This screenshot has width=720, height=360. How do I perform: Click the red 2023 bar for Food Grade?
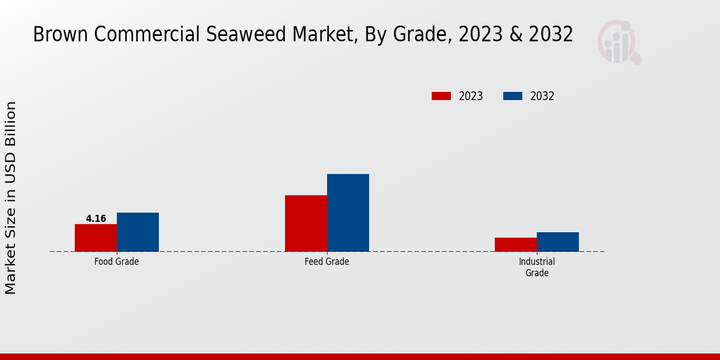[x=95, y=238]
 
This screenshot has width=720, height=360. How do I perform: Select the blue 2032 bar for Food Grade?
[x=137, y=232]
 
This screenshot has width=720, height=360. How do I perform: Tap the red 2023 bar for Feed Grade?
[x=306, y=223]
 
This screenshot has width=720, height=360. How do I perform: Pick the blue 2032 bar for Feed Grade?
[x=348, y=212]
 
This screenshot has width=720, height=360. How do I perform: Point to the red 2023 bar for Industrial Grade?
[x=515, y=244]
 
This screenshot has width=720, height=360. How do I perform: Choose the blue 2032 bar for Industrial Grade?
[x=557, y=242]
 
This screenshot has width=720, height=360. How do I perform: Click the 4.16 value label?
[x=96, y=219]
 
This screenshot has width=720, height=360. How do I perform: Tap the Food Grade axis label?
[x=116, y=262]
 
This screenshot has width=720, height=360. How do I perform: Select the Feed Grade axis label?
[x=326, y=262]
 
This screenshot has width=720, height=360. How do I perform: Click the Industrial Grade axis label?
[x=536, y=267]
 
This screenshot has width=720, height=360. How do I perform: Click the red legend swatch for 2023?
[x=441, y=96]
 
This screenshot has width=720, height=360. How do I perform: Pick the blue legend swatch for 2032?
[x=512, y=96]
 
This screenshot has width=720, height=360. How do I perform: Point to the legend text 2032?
[x=542, y=96]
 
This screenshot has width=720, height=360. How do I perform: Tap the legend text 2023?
[x=471, y=96]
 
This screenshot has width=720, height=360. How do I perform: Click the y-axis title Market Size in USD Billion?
[x=11, y=198]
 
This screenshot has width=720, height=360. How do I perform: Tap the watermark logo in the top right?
[x=619, y=42]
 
